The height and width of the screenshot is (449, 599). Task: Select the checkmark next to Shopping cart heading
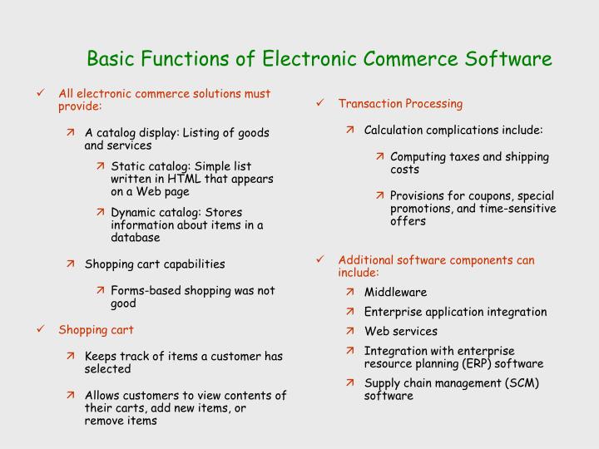point(42,330)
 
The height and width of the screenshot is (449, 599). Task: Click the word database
point(135,237)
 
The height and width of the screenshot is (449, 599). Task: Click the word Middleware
point(395,292)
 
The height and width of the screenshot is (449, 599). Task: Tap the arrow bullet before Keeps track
point(72,356)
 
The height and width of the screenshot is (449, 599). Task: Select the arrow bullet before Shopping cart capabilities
point(72,264)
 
